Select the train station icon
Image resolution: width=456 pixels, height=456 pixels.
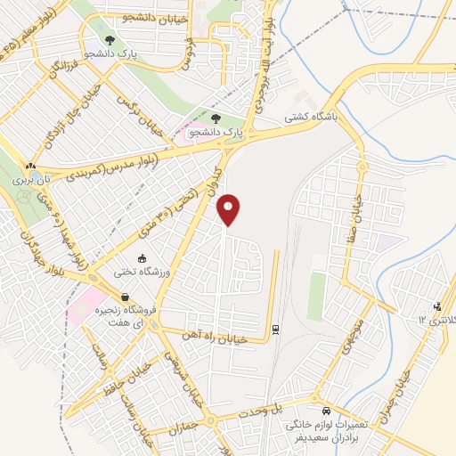pyautogui.click(x=276, y=330)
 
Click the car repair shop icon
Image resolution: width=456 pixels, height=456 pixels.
pyautogui.click(x=327, y=411)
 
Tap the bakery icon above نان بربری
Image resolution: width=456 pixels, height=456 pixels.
pyautogui.click(x=31, y=165)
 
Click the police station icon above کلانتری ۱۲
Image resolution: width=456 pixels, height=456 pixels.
pyautogui.click(x=436, y=307)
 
